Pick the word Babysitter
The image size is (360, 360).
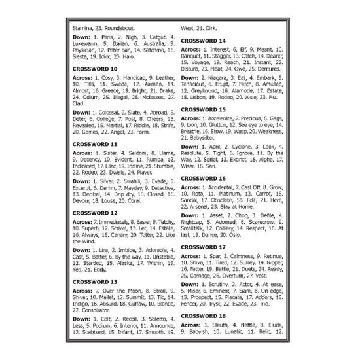point(204,138)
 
